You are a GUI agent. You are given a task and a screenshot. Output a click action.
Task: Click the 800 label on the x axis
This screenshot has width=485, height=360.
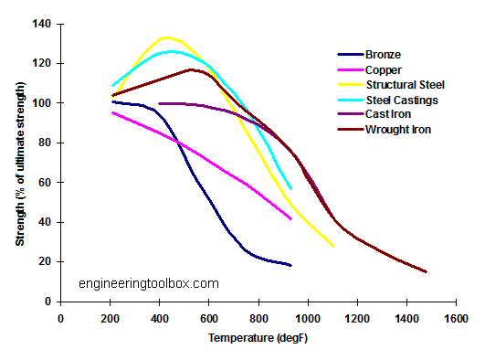258,318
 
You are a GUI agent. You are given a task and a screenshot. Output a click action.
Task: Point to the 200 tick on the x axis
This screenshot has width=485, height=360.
110,318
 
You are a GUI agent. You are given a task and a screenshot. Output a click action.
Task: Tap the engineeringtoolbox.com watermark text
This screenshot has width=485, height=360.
148,283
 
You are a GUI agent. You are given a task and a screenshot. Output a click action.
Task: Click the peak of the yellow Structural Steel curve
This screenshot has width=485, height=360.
165,37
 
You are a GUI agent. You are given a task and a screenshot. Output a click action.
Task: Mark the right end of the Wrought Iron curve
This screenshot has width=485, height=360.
426,271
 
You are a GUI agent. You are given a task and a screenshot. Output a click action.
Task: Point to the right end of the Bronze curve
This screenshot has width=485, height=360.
290,265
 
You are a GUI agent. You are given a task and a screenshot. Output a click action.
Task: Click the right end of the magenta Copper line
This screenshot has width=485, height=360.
290,219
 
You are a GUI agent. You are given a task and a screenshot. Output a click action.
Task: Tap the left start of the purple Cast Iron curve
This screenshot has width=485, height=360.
159,103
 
